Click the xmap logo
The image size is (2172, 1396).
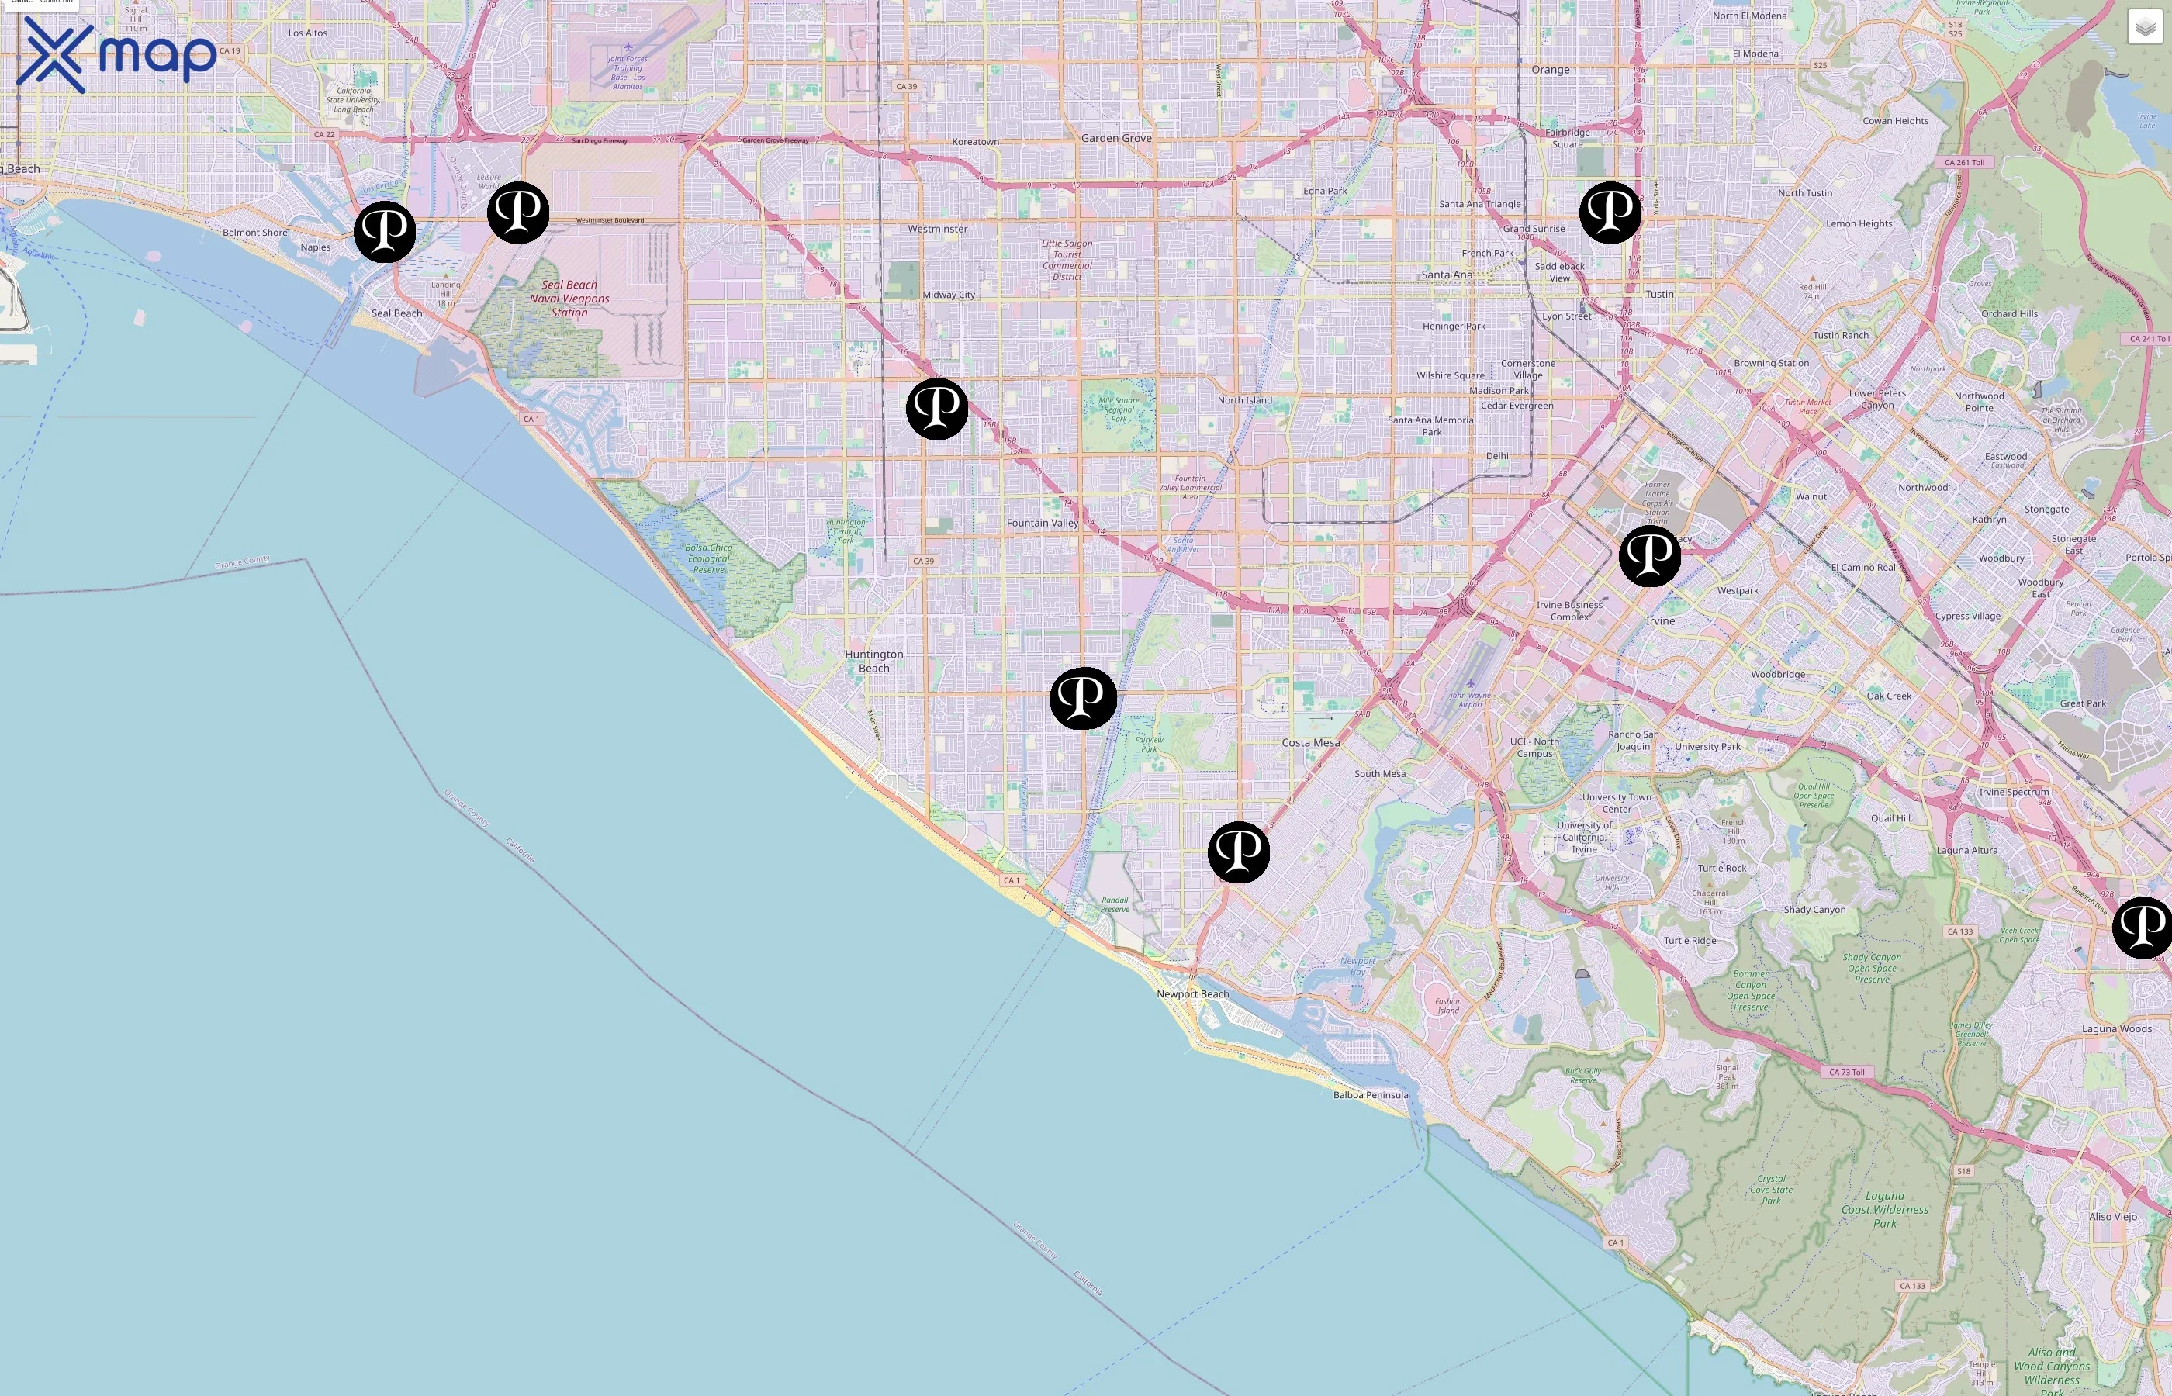tap(116, 54)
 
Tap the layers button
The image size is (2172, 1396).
tap(2145, 27)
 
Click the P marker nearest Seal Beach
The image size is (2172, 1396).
tap(384, 232)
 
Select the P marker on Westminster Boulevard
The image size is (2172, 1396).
tap(518, 213)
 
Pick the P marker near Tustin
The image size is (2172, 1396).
tap(1610, 213)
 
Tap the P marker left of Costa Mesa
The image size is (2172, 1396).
tap(1082, 698)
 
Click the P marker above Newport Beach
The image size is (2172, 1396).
tap(1238, 852)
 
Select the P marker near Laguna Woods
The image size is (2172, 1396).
tap(2142, 928)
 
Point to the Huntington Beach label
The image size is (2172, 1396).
tap(874, 661)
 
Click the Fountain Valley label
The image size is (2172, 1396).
tap(1043, 523)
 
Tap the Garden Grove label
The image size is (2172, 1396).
tap(1116, 138)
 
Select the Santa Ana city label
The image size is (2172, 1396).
tap(1447, 275)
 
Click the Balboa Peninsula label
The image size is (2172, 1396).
tap(1371, 1095)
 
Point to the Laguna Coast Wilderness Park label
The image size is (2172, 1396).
tap(1885, 1209)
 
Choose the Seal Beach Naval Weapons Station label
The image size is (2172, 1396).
tap(569, 299)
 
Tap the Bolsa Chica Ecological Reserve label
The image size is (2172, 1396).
tap(709, 558)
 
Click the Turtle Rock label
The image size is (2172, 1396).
tap(1721, 868)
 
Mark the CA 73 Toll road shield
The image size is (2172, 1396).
tap(1845, 1073)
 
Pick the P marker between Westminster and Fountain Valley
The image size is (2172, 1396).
tap(936, 409)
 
